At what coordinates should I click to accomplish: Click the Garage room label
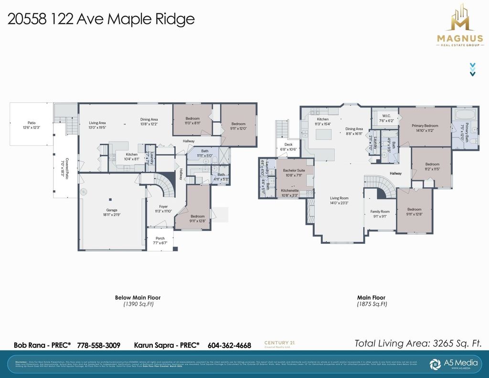(112, 210)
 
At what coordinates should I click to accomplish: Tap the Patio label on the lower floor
(32, 123)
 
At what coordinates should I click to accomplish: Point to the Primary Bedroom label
(425, 126)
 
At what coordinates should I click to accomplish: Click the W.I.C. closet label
(387, 116)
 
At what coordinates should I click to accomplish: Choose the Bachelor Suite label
(294, 170)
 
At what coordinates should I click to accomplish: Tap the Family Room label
(380, 211)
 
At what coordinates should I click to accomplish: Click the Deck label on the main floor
(288, 144)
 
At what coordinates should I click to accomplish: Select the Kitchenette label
(290, 190)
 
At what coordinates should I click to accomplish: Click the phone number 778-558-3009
(98, 345)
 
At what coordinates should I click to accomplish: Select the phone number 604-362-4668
(229, 345)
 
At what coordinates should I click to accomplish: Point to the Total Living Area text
(417, 343)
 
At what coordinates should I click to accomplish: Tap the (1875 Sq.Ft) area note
(371, 304)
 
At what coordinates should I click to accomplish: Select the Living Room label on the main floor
(339, 198)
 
